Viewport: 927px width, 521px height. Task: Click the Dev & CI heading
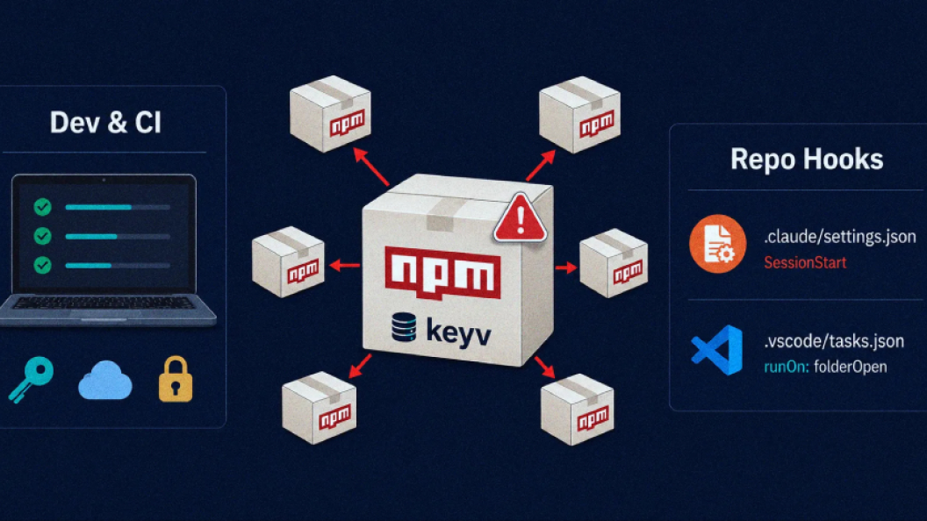point(105,123)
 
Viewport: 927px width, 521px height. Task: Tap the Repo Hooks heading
point(807,159)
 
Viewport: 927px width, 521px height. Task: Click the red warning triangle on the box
point(520,218)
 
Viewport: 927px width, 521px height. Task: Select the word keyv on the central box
point(458,332)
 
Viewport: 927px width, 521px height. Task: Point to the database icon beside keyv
point(404,327)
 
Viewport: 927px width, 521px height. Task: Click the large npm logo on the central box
point(442,273)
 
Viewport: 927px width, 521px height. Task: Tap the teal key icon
point(32,379)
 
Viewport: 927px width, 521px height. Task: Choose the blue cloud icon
point(105,380)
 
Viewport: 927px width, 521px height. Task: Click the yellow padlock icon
point(176,379)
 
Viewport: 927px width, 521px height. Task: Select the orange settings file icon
point(718,244)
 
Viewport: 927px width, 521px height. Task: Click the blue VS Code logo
point(717,350)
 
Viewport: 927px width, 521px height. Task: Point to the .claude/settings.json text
point(839,237)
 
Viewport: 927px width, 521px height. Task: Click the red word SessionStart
point(805,262)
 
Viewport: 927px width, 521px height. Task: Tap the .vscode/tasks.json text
point(834,341)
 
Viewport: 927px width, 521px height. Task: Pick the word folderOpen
point(850,367)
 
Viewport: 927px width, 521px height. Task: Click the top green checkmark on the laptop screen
point(42,207)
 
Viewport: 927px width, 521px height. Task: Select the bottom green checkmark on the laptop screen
point(42,265)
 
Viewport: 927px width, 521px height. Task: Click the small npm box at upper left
point(330,113)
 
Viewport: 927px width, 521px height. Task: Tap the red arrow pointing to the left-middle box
point(344,266)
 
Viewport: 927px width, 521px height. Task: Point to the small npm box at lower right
point(577,410)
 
